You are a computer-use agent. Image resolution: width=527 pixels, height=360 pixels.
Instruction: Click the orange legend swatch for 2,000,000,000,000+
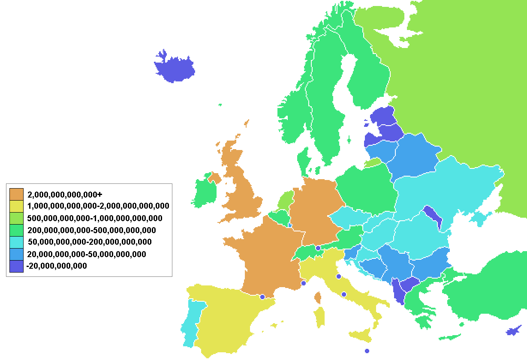(x=16, y=194)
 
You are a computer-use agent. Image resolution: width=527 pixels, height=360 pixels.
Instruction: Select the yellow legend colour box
(x=16, y=206)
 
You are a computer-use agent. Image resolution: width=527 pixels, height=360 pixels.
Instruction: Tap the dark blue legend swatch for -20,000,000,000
(x=16, y=266)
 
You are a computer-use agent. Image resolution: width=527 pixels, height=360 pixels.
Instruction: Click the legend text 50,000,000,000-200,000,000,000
(x=89, y=242)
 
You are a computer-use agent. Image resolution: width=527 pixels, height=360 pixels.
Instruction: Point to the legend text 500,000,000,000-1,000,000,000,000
(x=95, y=218)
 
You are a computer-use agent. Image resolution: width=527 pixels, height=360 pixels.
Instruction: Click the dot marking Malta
(x=367, y=351)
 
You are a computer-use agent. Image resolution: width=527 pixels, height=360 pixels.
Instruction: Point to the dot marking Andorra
(x=262, y=297)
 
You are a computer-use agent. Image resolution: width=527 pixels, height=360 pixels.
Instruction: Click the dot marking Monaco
(x=304, y=283)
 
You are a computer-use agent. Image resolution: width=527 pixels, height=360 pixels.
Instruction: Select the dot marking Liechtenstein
(x=318, y=248)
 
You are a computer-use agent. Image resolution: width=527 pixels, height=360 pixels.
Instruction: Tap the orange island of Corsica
(x=318, y=297)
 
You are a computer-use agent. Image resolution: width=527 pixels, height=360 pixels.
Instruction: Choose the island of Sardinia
(x=319, y=318)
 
